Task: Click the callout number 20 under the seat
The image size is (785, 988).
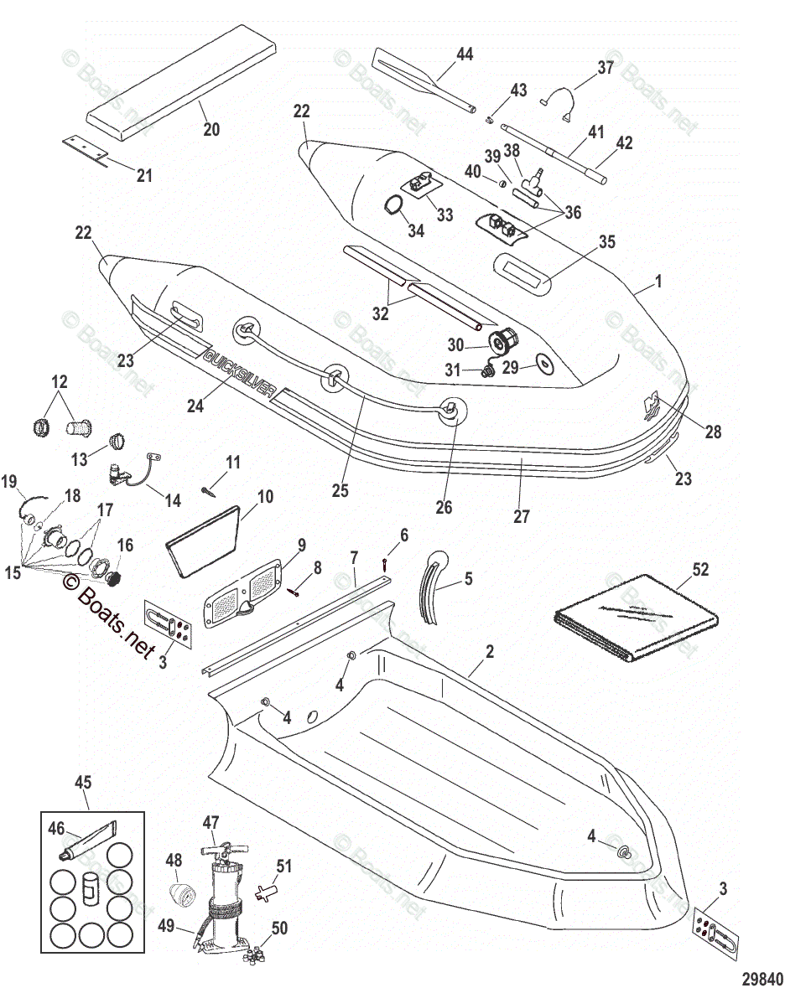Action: click(211, 130)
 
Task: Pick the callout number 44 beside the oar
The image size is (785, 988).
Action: click(464, 54)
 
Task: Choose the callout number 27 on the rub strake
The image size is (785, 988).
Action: click(522, 517)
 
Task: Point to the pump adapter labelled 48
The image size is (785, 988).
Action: click(182, 891)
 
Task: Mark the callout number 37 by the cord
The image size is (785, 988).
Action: click(605, 69)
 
